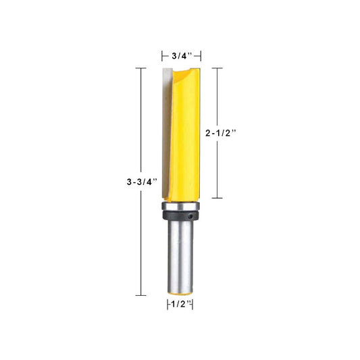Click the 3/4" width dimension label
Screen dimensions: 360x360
(x=182, y=56)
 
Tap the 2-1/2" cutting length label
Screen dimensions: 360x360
(x=221, y=133)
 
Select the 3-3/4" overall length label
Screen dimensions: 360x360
(x=142, y=182)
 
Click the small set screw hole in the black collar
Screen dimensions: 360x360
(x=190, y=216)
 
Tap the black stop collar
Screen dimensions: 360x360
(x=180, y=215)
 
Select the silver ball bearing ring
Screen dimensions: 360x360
(x=180, y=206)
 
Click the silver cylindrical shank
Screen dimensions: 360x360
(x=180, y=256)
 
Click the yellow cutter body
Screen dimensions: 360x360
(x=185, y=135)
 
